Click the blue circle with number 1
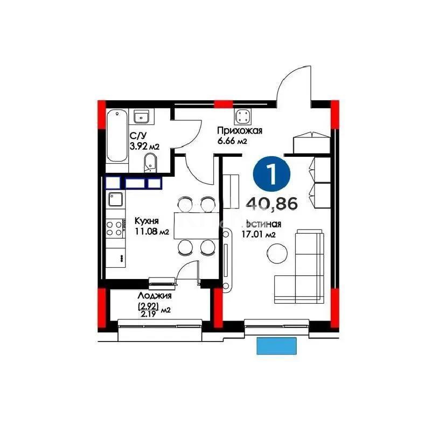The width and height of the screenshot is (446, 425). pyautogui.click(x=272, y=173)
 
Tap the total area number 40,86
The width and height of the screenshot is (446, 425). pyautogui.click(x=272, y=203)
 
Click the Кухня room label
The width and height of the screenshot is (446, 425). pyautogui.click(x=146, y=221)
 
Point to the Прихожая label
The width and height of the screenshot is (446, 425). pyautogui.click(x=239, y=130)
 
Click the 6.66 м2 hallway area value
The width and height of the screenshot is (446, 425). pyautogui.click(x=232, y=141)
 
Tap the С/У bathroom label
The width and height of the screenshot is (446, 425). pyautogui.click(x=136, y=136)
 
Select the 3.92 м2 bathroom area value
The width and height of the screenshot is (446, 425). pyautogui.click(x=144, y=146)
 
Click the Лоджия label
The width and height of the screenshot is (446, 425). pyautogui.click(x=154, y=296)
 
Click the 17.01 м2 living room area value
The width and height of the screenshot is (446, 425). pyautogui.click(x=260, y=234)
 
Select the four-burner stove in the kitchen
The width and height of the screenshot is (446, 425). pyautogui.click(x=114, y=227)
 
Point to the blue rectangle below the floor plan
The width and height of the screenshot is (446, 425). pyautogui.click(x=276, y=345)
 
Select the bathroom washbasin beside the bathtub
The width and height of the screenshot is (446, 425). pyautogui.click(x=142, y=116)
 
